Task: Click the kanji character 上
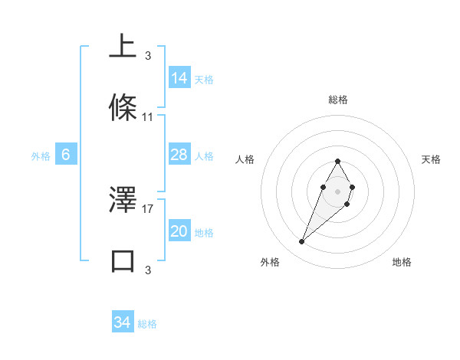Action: click(123, 46)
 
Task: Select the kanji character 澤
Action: click(123, 199)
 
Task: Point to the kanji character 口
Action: click(123, 260)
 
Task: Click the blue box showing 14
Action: click(179, 77)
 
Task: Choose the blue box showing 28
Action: click(179, 155)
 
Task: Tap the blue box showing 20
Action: click(179, 231)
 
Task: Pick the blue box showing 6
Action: click(66, 155)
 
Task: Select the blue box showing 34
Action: click(123, 322)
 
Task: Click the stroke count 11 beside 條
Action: click(148, 117)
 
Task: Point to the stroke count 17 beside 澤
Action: click(148, 208)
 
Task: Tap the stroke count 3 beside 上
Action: click(147, 55)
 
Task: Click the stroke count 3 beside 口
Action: click(147, 270)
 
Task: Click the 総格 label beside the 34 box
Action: click(147, 324)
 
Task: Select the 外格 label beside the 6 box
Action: click(41, 156)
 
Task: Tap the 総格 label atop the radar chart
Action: click(337, 100)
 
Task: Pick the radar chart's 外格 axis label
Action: click(270, 262)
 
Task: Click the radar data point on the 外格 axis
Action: click(302, 242)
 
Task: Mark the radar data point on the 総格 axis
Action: click(337, 161)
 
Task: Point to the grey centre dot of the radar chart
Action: click(337, 190)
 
